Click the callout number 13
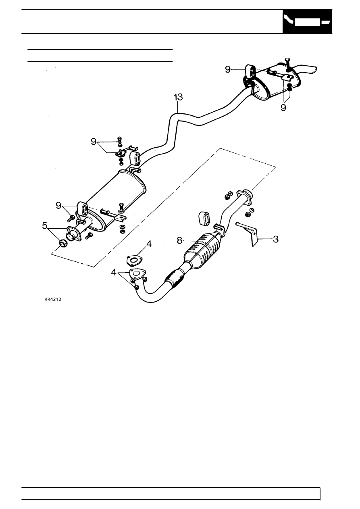pos(178,97)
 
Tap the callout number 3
pos(275,239)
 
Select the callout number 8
pos(179,240)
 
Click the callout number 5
pos(45,225)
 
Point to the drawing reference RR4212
pos(53,299)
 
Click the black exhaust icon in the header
pos(307,21)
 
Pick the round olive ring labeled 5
pos(63,244)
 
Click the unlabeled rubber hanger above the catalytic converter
pos(206,219)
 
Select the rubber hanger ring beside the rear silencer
pos(250,71)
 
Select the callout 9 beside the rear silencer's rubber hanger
pos(228,69)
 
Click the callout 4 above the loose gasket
pos(149,244)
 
